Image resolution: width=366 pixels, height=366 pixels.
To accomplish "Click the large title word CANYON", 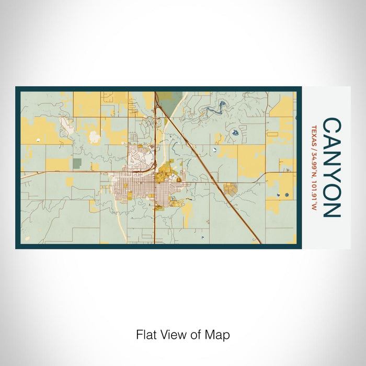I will [331, 167].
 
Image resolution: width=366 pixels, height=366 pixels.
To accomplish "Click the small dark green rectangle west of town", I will [77, 164].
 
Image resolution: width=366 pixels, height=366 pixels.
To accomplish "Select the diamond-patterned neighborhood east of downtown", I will [230, 189].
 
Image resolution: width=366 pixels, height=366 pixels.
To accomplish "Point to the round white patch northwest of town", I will [94, 138].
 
